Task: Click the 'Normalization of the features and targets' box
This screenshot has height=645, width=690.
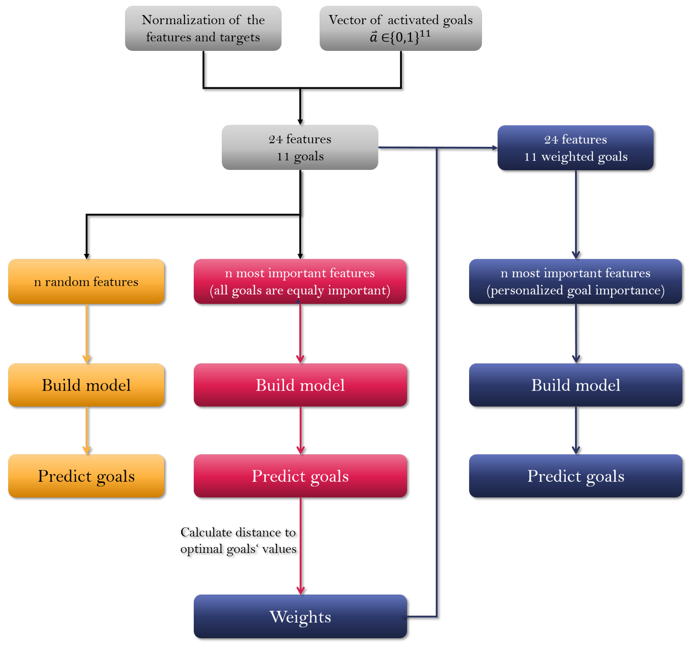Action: click(x=203, y=29)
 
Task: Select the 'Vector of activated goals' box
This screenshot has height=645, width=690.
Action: click(x=400, y=29)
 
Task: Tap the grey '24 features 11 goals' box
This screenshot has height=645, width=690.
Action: click(x=300, y=148)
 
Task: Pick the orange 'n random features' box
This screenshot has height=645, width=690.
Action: click(x=86, y=282)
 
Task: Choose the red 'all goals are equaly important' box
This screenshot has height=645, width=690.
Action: click(x=300, y=282)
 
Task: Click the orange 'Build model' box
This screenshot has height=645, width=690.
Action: click(x=86, y=385)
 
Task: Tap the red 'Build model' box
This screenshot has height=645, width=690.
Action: click(x=300, y=385)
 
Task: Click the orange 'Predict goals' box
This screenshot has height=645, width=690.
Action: click(x=86, y=476)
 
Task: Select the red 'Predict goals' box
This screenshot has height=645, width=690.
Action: click(x=300, y=476)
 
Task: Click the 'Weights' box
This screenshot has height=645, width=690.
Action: click(x=300, y=616)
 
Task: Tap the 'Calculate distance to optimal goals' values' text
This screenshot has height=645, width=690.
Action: click(x=238, y=540)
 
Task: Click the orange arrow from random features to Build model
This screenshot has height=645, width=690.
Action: click(x=86, y=333)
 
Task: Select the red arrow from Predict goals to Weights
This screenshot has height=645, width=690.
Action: click(x=301, y=545)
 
